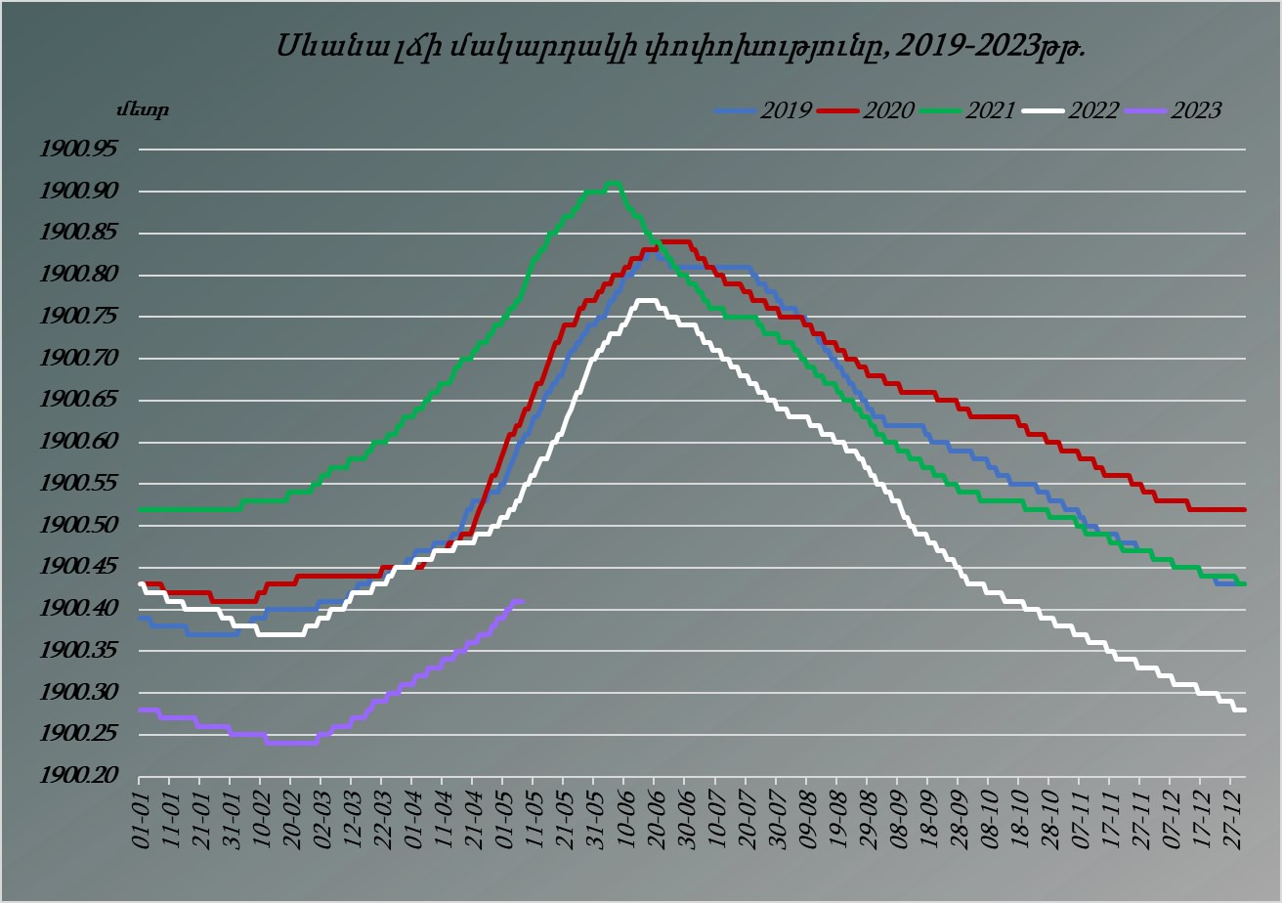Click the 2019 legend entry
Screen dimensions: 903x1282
pos(763,110)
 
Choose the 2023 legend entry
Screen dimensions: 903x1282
pos(1173,110)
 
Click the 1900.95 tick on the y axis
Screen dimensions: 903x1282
pos(76,150)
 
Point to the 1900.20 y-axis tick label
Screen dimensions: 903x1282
pos(76,777)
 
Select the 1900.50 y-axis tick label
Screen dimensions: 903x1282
pos(76,526)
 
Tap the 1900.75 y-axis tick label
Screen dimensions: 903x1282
pos(76,318)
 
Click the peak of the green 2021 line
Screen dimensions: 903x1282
pos(613,183)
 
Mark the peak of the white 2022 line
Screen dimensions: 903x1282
pos(645,300)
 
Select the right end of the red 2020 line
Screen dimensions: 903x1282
pos(1244,509)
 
